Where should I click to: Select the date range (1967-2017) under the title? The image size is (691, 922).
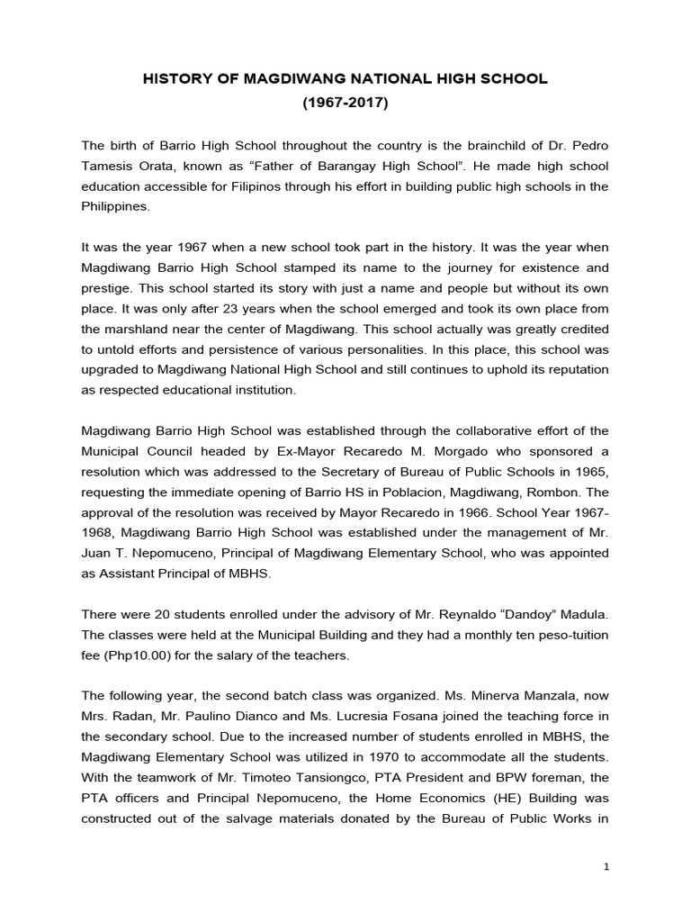point(345,104)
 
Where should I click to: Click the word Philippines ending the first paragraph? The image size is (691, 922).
point(115,205)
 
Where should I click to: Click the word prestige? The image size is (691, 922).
point(111,287)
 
